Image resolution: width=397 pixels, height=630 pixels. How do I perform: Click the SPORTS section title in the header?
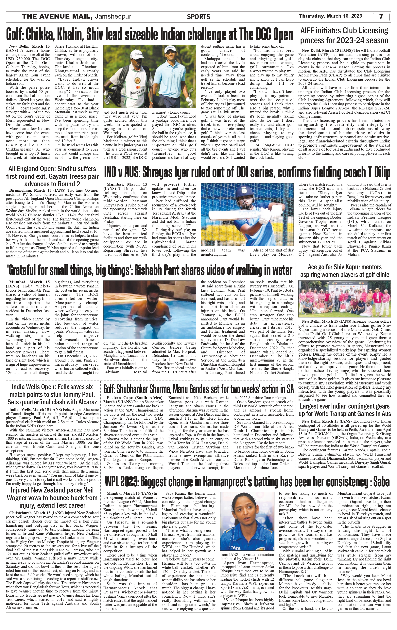click(x=198, y=17)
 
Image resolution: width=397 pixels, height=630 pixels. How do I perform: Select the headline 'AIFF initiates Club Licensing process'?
click(x=344, y=35)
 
